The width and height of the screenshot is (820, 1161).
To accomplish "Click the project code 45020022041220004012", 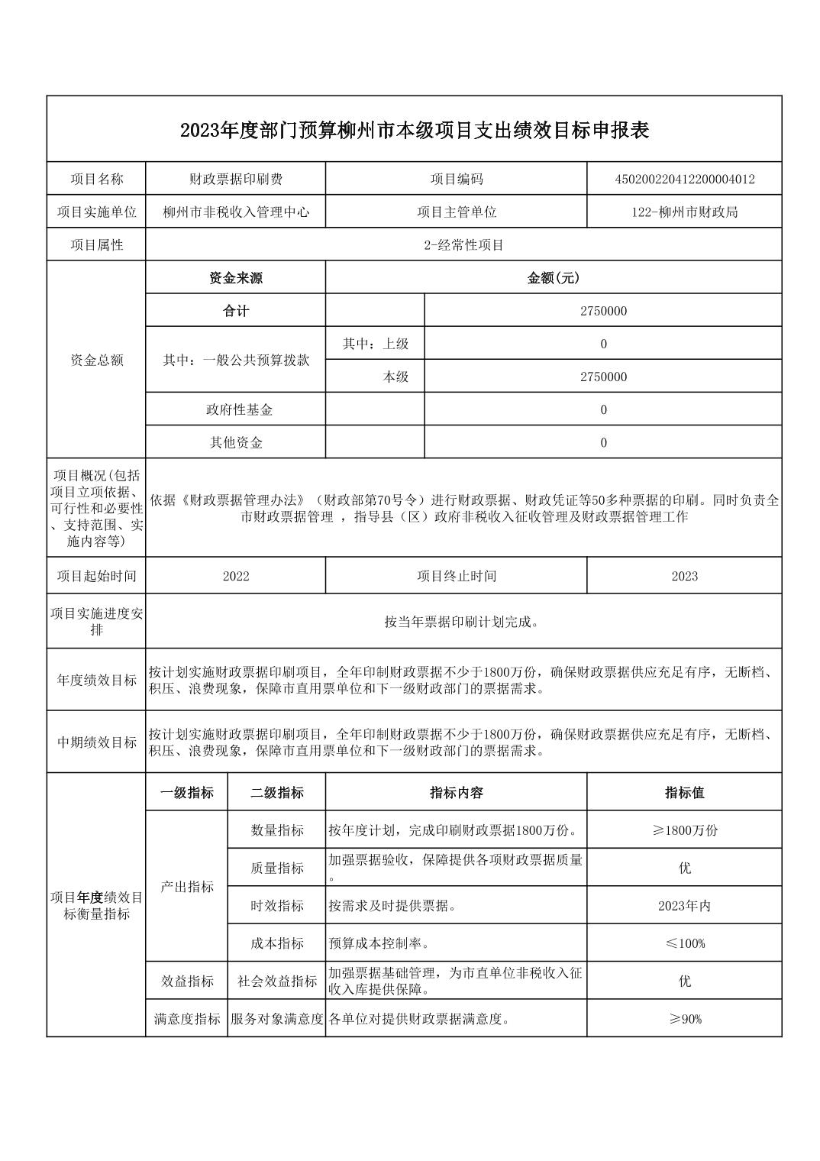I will pos(684,179).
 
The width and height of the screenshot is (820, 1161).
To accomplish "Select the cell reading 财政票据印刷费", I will pos(236,179).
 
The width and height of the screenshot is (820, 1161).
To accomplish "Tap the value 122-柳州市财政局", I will pos(684,212).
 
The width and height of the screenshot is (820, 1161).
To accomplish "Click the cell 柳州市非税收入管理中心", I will pos(236,212).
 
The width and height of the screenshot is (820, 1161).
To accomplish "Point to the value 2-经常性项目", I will pos(463,245).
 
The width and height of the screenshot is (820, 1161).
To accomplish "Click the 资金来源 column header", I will pos(236,278).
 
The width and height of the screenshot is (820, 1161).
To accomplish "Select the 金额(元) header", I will pos(554,278).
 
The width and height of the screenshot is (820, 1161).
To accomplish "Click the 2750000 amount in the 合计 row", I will pos(603,311).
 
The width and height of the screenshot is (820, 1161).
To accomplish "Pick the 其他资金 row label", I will pos(236,442).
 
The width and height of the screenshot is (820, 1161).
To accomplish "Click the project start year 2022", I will pos(236,576).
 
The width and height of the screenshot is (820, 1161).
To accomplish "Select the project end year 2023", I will pos(684,576).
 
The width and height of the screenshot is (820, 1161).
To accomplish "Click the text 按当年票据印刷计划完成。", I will pos(463,622).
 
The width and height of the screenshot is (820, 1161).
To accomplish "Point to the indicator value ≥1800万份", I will pos(684,830).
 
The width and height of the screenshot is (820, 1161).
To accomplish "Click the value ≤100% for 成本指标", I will pos(684,943).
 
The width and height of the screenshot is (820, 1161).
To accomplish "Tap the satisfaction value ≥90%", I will pos(684,1019).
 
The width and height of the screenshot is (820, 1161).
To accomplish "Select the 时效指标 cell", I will pos(277,906).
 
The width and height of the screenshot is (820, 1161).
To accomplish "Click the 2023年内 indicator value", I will pos(684,906).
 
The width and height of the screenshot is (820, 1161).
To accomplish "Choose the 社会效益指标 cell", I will pos(277,982).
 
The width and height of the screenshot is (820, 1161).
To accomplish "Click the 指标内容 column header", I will pos(457,793).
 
